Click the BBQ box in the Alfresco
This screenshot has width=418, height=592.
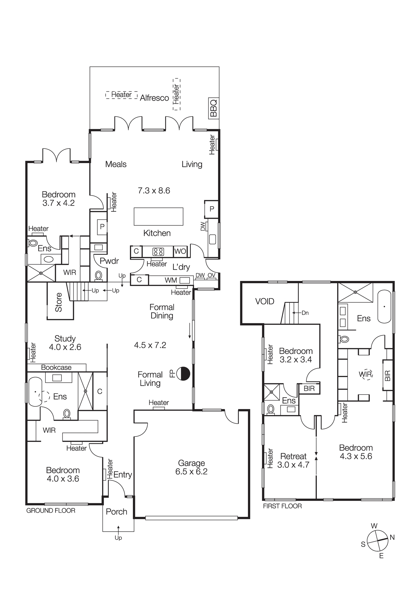point(214,108)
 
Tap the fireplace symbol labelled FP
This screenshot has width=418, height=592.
point(183,374)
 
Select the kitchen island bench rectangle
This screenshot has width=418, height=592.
point(158,216)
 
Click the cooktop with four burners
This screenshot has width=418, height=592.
point(158,252)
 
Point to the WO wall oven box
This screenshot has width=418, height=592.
point(180,251)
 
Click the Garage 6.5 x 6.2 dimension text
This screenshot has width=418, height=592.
point(191,472)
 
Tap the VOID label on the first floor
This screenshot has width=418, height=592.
point(264,301)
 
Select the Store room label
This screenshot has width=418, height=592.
point(59,302)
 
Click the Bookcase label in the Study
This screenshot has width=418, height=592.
point(56,367)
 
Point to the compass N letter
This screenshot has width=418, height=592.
point(392,537)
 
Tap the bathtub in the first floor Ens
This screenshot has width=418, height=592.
point(384,306)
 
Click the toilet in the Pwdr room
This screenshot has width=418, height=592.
point(99,276)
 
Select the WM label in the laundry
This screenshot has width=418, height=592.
point(171,280)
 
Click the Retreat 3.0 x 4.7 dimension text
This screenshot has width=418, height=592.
point(293,465)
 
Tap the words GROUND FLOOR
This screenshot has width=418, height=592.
point(51,510)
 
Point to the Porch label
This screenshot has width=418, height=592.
point(117,511)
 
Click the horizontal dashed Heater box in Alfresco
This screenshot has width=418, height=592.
point(122,95)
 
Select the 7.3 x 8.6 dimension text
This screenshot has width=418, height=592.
point(154,190)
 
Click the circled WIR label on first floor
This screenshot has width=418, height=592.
point(366,374)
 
